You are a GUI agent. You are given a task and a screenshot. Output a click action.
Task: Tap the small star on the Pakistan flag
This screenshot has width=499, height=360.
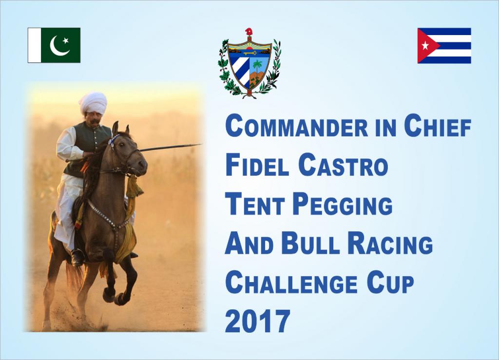66,41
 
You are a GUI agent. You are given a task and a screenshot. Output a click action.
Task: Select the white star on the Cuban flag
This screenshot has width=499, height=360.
425,46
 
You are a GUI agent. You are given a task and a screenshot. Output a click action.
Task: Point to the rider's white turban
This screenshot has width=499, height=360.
93,102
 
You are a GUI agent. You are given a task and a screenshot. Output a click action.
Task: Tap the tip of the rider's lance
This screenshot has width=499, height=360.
201,144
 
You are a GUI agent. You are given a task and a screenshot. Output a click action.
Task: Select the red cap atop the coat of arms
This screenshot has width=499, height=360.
249,32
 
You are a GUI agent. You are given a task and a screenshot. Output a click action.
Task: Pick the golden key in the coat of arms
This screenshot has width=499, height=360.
250,53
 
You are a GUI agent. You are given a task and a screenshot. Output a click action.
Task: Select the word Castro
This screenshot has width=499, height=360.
344,165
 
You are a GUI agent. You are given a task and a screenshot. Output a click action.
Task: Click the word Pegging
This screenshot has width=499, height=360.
343,205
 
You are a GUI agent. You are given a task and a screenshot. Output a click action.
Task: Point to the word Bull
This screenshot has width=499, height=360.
308,244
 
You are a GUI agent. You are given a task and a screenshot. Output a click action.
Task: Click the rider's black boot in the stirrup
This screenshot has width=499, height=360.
77,257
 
